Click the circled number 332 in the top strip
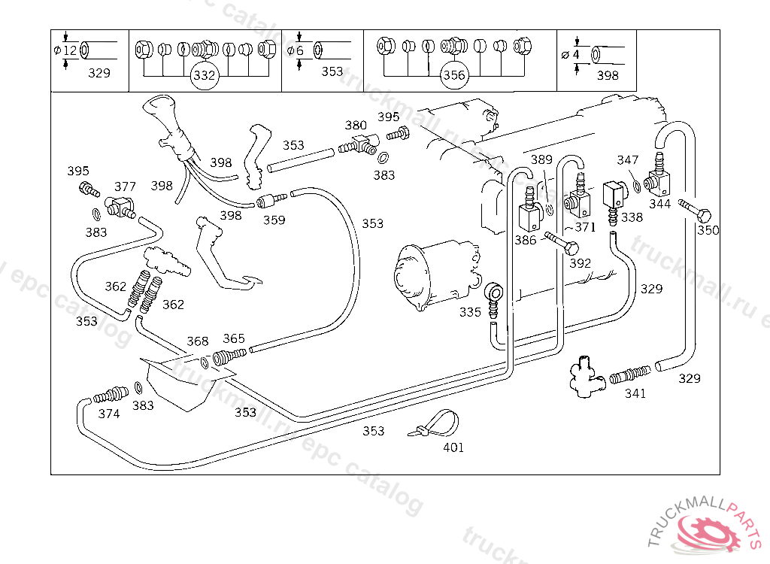tap(205, 75)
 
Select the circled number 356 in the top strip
tap(453, 75)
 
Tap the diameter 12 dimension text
tap(66, 50)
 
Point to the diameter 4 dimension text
tap(571, 54)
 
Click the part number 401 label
tap(453, 447)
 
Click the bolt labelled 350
tap(695, 211)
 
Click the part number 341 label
tap(635, 393)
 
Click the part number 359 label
tap(274, 220)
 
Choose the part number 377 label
tap(125, 186)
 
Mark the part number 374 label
tap(108, 414)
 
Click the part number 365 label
tap(234, 338)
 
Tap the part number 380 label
tap(356, 126)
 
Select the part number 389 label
tap(541, 159)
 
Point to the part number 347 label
tap(628, 160)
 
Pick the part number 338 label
tap(632, 217)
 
